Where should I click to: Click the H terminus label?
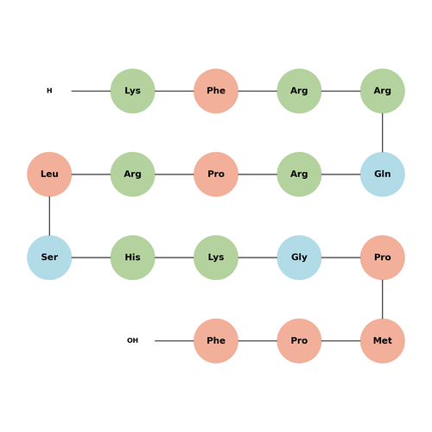49,91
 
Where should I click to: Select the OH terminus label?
132,340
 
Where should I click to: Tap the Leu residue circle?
49,175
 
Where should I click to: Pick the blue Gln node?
383,175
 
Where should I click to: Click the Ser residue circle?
49,257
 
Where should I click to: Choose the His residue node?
132,257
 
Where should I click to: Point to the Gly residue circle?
299,257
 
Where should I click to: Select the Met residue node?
383,340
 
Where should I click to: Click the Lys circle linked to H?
132,91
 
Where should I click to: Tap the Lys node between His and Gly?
216,257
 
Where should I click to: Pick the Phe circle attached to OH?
216,340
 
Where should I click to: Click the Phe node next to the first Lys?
216,91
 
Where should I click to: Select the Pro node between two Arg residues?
216,175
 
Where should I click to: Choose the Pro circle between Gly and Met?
383,257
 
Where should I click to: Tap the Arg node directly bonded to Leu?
132,175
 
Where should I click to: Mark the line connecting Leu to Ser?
49,216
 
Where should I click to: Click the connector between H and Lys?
91,91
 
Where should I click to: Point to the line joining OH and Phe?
175,340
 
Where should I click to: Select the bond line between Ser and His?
91,257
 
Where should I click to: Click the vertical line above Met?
383,299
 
